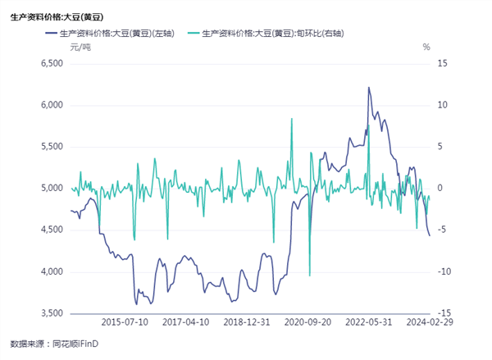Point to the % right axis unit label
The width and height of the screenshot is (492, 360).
[426, 48]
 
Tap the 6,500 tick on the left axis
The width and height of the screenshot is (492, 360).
[52, 63]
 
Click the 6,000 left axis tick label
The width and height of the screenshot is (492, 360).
[52, 105]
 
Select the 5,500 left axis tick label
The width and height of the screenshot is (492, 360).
[52, 147]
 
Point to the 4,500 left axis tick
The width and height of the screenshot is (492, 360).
[52, 230]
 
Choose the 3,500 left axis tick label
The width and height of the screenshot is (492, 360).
[52, 313]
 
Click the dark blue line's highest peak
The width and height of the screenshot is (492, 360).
[368, 87]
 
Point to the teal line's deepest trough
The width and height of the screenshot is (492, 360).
[309, 276]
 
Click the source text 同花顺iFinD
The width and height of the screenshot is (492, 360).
[77, 343]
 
